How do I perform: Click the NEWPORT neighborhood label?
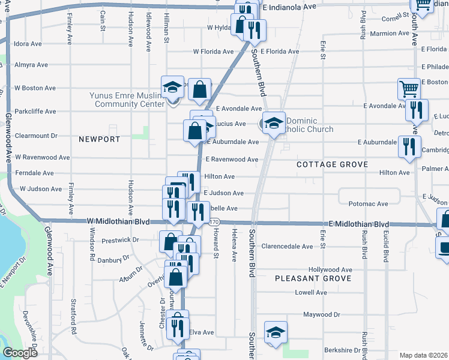[100, 139]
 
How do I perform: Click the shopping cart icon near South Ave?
[409, 89]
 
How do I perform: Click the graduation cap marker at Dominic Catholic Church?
[274, 123]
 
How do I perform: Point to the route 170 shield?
[214, 223]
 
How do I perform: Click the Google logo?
[20, 353]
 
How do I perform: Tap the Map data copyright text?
[424, 355]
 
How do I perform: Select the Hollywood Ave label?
[330, 270]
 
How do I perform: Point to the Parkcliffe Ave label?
[35, 112]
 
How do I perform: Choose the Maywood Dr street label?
[321, 314]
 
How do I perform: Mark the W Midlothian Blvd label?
[118, 221]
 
